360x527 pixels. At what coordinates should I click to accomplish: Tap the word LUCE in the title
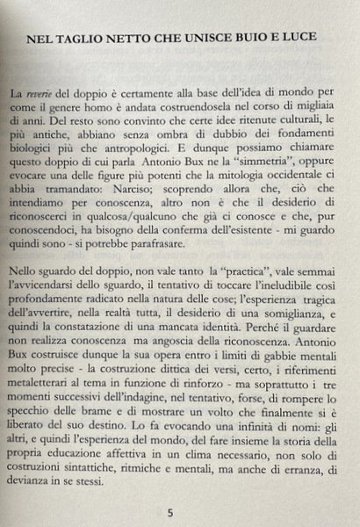308,40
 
